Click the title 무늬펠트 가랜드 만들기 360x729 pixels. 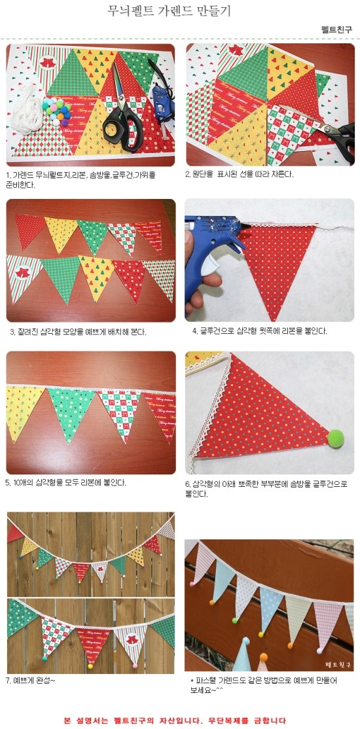tap(169, 10)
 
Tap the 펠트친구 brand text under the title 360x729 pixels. tap(336, 29)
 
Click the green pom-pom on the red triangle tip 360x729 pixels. tap(335, 438)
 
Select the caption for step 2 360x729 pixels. tap(240, 174)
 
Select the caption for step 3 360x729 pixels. tap(78, 332)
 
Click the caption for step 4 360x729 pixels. tap(260, 332)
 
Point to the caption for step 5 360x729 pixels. tap(65, 482)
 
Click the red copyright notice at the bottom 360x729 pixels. tap(174, 720)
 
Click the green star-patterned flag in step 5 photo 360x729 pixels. tap(71, 412)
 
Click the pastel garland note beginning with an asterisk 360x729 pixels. tap(264, 685)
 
